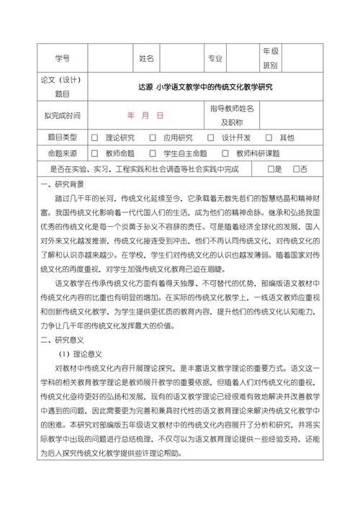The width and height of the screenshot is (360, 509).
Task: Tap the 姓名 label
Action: click(x=146, y=58)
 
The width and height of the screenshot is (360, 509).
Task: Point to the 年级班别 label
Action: click(x=270, y=58)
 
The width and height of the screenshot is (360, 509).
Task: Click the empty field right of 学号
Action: click(x=109, y=58)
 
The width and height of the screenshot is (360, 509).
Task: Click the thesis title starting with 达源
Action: click(x=211, y=86)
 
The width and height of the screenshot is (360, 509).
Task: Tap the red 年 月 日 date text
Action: click(x=145, y=115)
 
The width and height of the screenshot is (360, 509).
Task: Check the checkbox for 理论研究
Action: click(x=95, y=138)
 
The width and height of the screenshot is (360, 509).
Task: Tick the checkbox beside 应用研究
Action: click(x=153, y=138)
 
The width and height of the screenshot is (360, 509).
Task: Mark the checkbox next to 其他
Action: click(x=269, y=138)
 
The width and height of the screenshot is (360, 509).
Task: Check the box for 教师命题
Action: click(x=95, y=153)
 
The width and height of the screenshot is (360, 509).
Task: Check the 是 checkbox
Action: click(x=270, y=169)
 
